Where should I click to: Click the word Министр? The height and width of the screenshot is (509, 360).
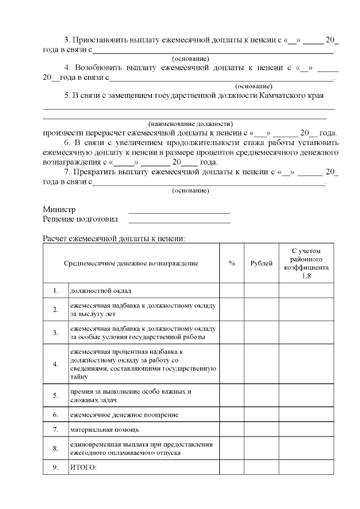pos(59,210)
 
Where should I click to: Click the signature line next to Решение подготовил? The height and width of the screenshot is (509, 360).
pos(179,222)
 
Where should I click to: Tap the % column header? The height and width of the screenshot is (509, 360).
pos(231,263)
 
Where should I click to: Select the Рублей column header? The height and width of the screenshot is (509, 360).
pos(261,263)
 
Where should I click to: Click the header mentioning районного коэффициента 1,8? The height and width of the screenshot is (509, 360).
pos(306,263)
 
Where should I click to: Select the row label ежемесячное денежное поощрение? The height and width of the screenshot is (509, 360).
pos(124,415)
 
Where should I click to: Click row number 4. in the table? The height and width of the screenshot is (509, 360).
pos(56,364)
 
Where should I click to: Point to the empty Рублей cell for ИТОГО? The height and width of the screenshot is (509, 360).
pos(261,467)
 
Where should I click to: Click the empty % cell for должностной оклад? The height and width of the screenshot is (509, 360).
pos(231,291)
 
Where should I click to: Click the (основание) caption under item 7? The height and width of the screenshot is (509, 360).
pos(191,190)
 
